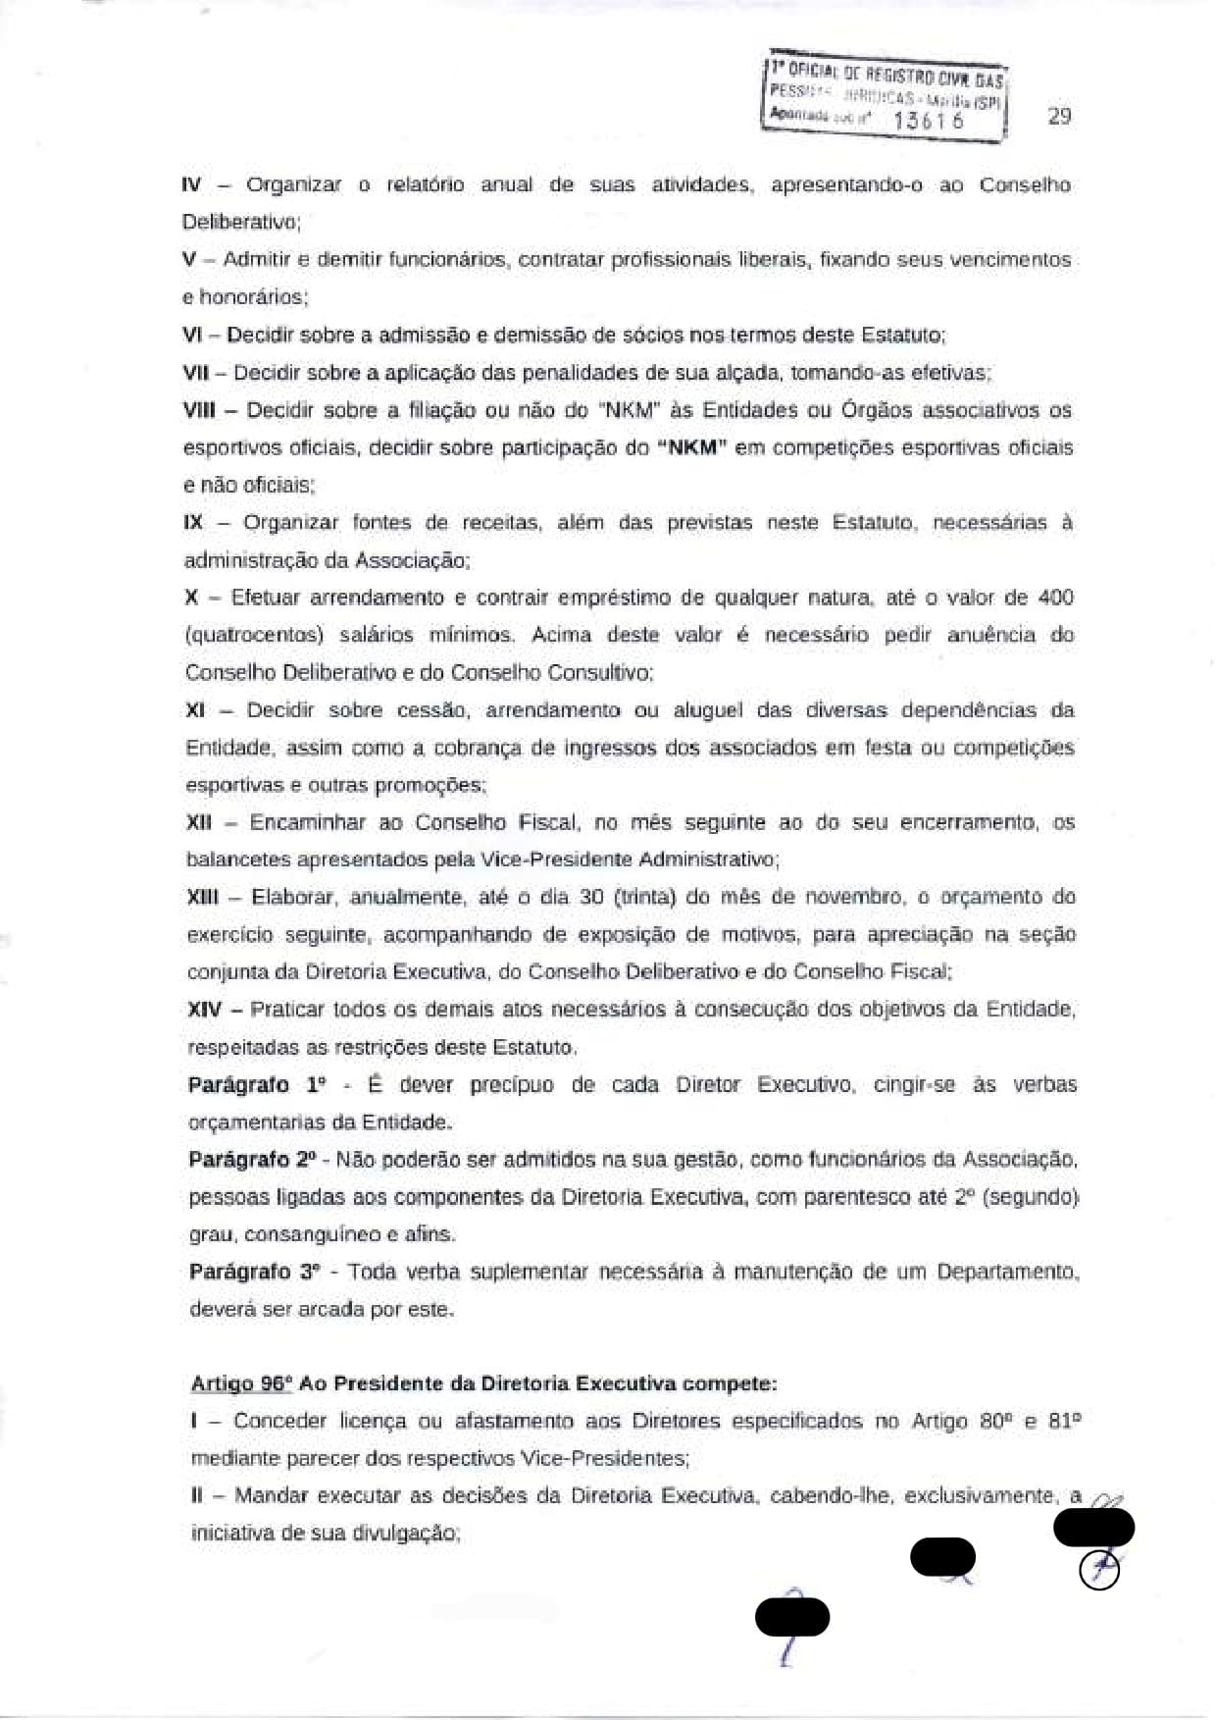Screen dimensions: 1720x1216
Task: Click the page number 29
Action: coord(1059,116)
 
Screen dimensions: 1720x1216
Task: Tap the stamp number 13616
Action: coord(928,122)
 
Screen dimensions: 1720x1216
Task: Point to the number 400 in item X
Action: coord(1055,598)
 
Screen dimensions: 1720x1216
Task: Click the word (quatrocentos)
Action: coord(254,635)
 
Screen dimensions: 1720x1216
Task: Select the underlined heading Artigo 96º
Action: coord(241,1383)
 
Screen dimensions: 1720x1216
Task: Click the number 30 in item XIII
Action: coord(587,897)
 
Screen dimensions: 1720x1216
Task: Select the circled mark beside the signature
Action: coord(1098,1571)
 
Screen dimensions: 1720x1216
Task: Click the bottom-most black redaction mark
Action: coord(792,1617)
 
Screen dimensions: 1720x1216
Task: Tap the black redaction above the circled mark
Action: coord(1093,1528)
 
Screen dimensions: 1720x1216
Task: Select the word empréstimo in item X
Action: coord(616,598)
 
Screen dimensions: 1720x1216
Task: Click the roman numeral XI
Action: coord(195,709)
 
